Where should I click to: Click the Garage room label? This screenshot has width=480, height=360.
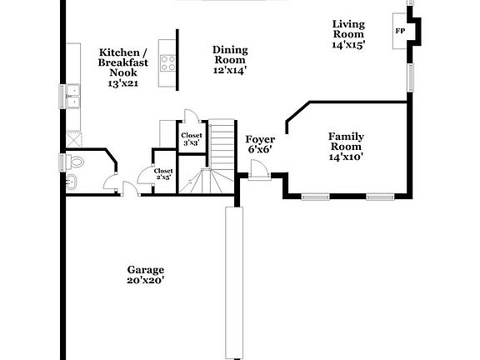tap(145, 275)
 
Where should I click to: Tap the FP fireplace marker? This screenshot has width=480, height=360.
tap(400, 32)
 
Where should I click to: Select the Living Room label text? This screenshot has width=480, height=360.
tap(348, 34)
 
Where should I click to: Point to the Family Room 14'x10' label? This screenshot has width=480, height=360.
tap(345, 146)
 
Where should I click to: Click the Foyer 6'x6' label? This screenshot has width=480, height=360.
tap(260, 144)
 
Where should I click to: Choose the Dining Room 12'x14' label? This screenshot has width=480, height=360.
tap(229, 59)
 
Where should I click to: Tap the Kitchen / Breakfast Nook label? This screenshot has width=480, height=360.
tap(123, 67)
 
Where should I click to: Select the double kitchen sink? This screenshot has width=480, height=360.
tap(73, 97)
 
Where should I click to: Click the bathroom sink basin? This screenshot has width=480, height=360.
tap(71, 182)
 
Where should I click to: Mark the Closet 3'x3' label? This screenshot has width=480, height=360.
tap(190, 137)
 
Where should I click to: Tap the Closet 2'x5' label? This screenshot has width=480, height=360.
tap(163, 174)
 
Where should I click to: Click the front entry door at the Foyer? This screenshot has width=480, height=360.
tap(257, 171)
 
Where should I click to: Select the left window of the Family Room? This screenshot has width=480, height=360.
tap(315, 197)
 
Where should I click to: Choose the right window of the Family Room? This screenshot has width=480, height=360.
tap(379, 197)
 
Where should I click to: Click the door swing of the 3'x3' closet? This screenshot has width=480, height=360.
tap(189, 116)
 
